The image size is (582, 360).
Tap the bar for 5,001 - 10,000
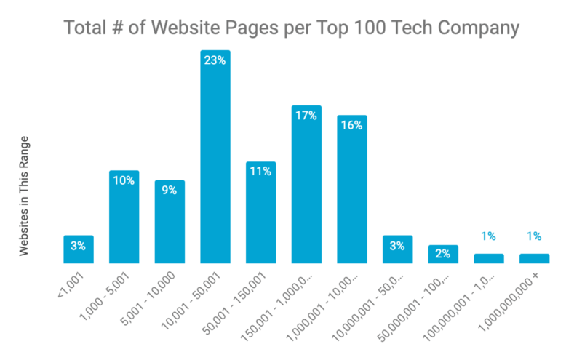tap(170, 221)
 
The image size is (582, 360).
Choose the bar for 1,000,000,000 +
tap(534, 258)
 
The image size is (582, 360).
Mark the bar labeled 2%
tap(443, 254)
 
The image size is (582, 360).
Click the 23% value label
tap(215, 61)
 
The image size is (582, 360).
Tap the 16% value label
tap(352, 125)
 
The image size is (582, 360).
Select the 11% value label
tap(261, 172)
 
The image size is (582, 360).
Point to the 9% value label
tap(170, 190)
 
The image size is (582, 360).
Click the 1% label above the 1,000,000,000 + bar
tap(534, 236)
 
